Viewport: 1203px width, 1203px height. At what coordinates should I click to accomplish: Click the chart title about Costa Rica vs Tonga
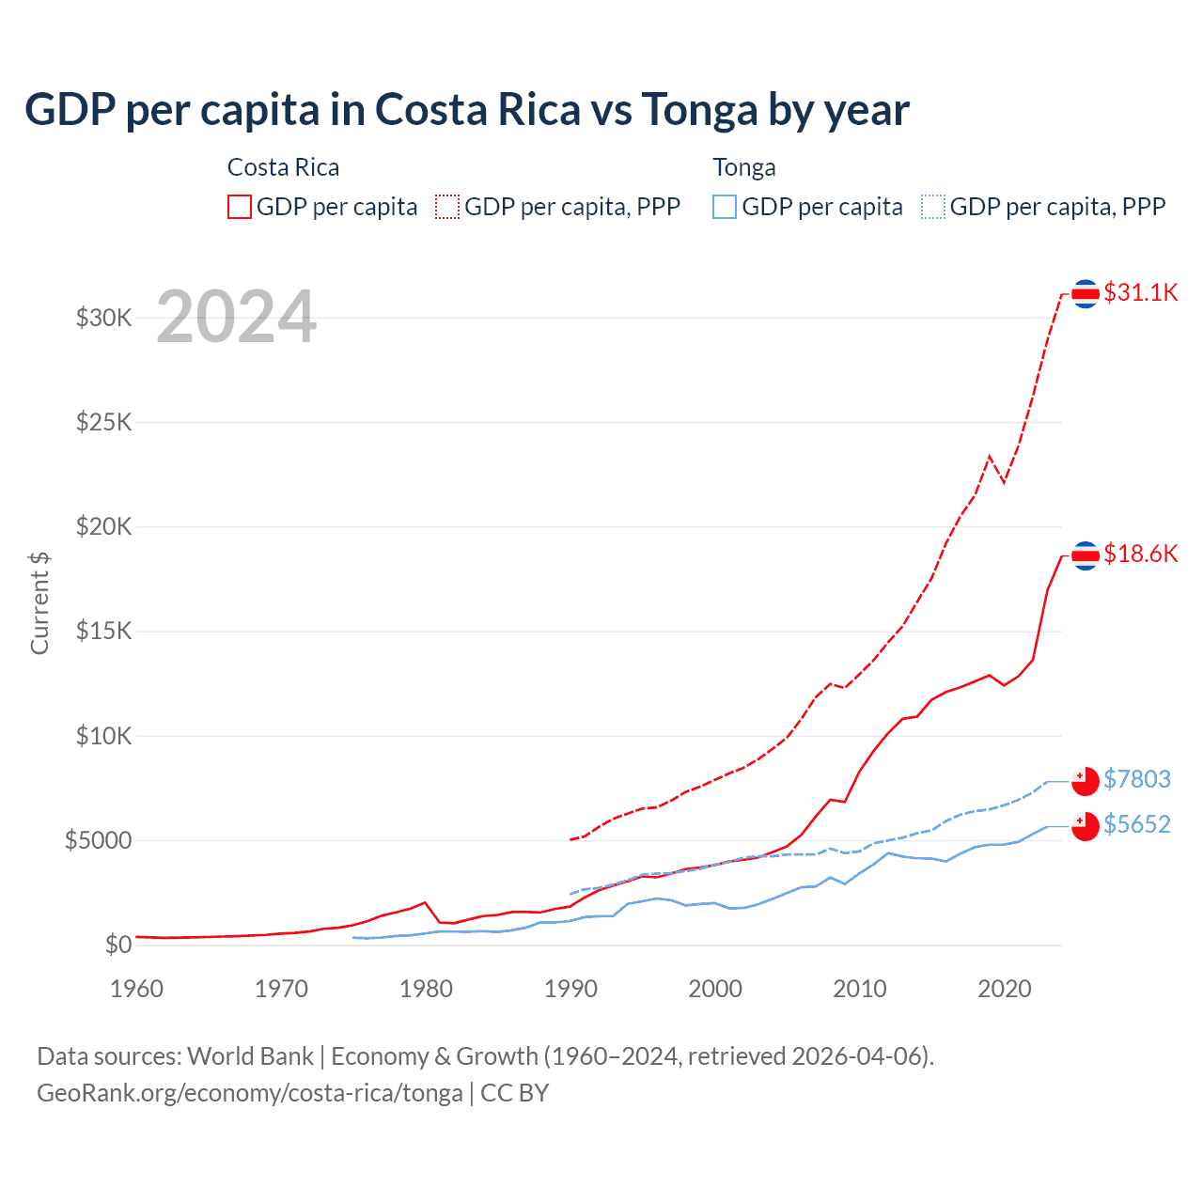[x=466, y=110]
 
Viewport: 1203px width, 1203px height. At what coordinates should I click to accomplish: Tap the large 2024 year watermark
[x=236, y=317]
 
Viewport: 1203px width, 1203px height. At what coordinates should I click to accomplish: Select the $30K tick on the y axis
[x=104, y=318]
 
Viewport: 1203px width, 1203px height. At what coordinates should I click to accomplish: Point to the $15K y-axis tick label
[x=104, y=631]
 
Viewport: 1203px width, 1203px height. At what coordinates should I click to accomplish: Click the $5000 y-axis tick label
[x=99, y=840]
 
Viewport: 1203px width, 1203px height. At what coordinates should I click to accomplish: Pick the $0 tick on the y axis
[x=118, y=945]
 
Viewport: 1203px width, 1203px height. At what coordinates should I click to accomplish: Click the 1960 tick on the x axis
[x=137, y=989]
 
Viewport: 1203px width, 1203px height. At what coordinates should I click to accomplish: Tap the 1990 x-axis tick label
[x=571, y=989]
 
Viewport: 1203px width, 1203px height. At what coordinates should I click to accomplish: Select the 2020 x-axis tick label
[x=1005, y=989]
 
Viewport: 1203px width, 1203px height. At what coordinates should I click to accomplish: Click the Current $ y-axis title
[x=39, y=602]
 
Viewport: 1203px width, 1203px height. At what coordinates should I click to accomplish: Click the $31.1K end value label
[x=1140, y=292]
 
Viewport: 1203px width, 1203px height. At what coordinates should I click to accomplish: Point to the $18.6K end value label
[x=1140, y=554]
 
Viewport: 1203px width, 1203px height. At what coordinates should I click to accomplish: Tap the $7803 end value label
[x=1136, y=779]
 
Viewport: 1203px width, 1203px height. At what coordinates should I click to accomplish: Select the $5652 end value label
[x=1136, y=824]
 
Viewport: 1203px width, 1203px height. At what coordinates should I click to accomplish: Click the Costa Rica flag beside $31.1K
[x=1086, y=294]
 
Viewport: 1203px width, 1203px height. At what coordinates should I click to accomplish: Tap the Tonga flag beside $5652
[x=1086, y=826]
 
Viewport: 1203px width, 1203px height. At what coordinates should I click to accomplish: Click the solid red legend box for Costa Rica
[x=240, y=207]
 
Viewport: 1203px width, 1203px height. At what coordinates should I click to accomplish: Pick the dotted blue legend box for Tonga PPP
[x=933, y=207]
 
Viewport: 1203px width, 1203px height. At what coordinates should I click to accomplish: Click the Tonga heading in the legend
[x=744, y=167]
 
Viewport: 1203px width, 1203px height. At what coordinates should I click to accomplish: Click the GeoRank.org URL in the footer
[x=250, y=1093]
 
